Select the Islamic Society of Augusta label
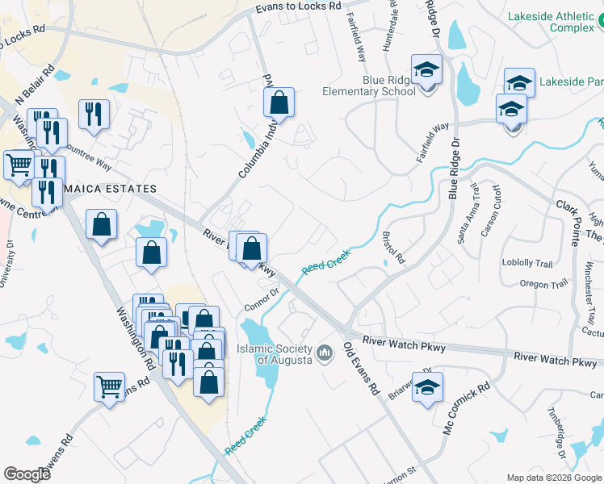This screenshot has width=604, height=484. pyautogui.click(x=274, y=354)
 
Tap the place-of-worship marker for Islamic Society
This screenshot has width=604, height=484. pyautogui.click(x=325, y=353)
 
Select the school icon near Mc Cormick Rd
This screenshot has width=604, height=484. pyautogui.click(x=428, y=388)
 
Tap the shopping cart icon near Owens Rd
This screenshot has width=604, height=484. pyautogui.click(x=109, y=386)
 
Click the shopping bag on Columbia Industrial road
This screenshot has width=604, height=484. pyautogui.click(x=279, y=102)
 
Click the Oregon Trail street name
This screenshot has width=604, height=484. pyautogui.click(x=522, y=284)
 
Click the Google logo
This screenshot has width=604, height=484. pyautogui.click(x=27, y=474)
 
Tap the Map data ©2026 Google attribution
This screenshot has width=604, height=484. pyautogui.click(x=554, y=478)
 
